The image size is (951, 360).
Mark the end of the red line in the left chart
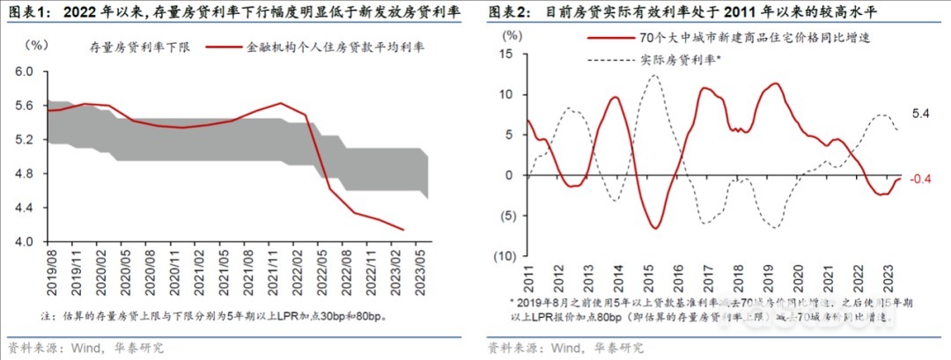point(403,230)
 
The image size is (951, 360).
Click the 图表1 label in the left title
point(27,12)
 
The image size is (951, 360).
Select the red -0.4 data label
point(920,180)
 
